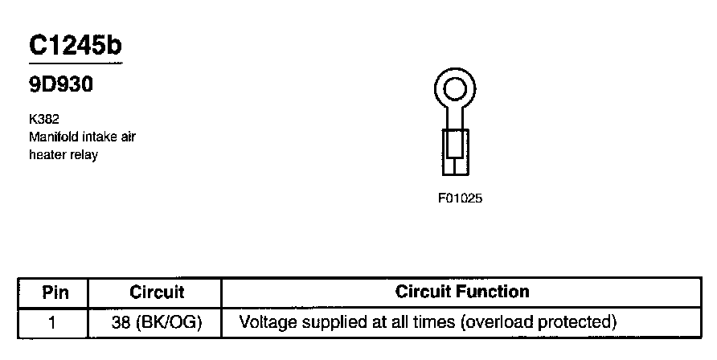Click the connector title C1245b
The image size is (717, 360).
[76, 46]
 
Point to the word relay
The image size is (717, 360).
[83, 154]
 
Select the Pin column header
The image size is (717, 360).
[55, 292]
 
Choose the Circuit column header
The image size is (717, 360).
[157, 292]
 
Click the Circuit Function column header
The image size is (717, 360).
[462, 292]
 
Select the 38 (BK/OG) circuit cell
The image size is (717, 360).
[157, 323]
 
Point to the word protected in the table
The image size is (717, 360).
[580, 323]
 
